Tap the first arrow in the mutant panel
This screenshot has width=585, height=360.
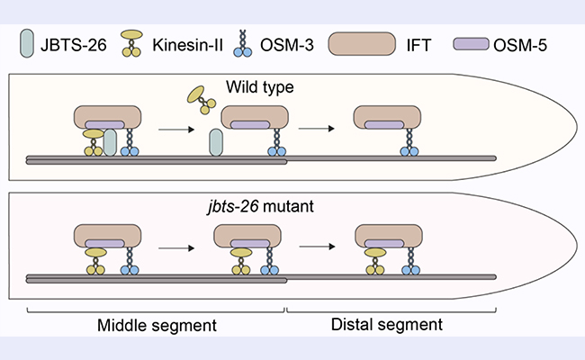[173, 245]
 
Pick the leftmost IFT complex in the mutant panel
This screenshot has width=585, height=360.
[107, 238]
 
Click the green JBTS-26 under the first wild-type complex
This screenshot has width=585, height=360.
[111, 142]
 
